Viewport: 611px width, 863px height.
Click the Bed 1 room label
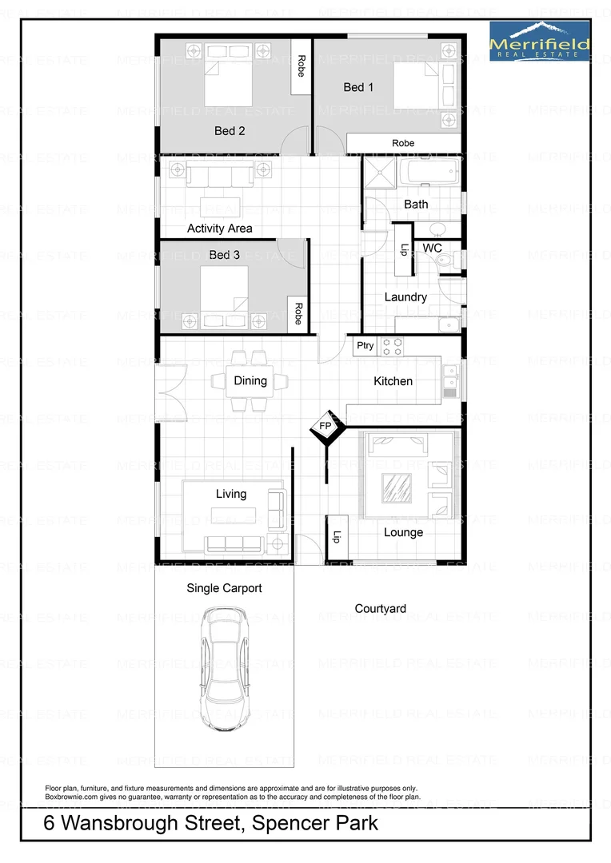358,87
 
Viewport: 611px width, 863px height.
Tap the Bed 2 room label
230,130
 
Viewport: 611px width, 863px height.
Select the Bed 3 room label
224,255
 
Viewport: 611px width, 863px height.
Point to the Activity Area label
219,229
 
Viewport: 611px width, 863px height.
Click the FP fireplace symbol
325,427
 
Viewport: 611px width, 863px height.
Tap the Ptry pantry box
365,346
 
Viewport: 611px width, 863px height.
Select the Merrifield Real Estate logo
540,42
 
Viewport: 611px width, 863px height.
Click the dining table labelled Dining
250,381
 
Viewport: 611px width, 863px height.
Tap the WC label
432,249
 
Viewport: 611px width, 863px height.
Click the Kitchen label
393,381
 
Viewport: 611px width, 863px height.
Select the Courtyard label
380,609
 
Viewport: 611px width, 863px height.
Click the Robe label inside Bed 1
403,143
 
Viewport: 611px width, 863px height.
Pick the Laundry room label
405,297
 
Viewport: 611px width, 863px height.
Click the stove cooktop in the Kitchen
393,346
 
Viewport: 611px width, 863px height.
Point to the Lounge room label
403,532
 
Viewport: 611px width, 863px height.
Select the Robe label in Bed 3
299,312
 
